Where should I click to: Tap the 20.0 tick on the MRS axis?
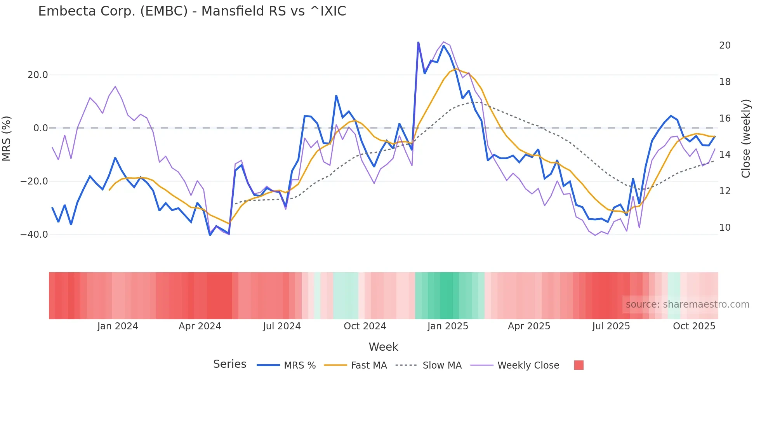(38, 75)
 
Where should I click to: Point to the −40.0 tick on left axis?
(35, 235)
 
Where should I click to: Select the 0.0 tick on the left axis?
(41, 128)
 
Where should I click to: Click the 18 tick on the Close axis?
(725, 82)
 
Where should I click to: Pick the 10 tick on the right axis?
(725, 228)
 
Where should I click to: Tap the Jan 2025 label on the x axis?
(448, 326)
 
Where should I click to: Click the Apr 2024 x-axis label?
(200, 326)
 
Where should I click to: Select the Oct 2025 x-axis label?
(694, 326)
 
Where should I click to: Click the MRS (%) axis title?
(7, 139)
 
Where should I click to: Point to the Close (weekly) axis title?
(745, 139)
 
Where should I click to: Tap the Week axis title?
(383, 347)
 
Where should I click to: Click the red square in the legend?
(579, 365)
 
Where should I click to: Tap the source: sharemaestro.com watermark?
(687, 304)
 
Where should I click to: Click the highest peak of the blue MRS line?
(418, 42)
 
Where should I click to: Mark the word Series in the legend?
(229, 364)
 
